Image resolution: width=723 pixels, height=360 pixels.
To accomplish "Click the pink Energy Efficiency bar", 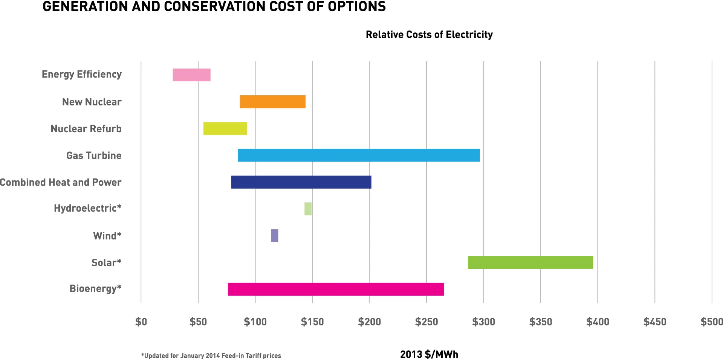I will coord(191,75).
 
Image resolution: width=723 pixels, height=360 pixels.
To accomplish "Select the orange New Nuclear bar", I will coord(272,102).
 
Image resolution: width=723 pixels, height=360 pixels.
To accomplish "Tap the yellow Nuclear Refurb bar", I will coord(225,128).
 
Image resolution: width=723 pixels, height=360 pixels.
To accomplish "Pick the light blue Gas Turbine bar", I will coord(359,155).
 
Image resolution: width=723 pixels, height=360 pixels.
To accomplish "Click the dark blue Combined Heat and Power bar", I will coord(301,182).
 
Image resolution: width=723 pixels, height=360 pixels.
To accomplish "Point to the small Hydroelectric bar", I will coord(308,209).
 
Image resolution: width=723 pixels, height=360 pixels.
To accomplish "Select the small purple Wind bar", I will coord(275,236).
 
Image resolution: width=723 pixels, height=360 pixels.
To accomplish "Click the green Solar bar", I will coord(530,262).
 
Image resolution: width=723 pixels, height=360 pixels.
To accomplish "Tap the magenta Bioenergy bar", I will coord(336,289).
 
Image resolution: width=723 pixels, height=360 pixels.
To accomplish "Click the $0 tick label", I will coord(141,322).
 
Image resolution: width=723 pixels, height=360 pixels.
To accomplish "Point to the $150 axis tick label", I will coord(312,322).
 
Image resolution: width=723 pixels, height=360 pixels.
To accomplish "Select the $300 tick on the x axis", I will coord(484,322).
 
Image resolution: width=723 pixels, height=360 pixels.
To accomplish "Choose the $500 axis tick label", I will coord(712,322).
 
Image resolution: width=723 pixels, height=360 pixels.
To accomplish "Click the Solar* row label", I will coord(106,262).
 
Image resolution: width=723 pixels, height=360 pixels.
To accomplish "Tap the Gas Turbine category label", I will coord(94,156).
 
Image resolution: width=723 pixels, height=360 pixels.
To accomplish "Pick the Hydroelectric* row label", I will coord(87,208).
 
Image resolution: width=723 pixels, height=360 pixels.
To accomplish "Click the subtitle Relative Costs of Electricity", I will coord(429,35).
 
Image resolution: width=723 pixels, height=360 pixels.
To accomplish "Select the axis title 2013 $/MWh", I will coord(429,354).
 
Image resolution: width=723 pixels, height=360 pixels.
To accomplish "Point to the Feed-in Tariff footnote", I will coord(211,355).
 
